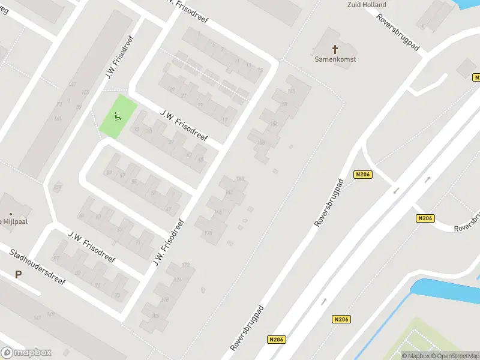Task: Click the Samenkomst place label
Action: [x=335, y=59]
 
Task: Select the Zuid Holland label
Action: [x=367, y=5]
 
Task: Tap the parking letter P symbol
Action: [x=18, y=275]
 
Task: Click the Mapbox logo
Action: [x=26, y=353]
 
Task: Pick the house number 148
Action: [x=292, y=91]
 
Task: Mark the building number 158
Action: [x=261, y=142]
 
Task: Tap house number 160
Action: [x=241, y=179]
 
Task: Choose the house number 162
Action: [x=230, y=192]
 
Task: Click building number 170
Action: [x=208, y=233]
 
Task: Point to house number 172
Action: [x=186, y=265]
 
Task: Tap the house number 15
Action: [x=260, y=70]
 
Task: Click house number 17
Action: [x=225, y=120]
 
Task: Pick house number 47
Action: [x=169, y=209]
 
